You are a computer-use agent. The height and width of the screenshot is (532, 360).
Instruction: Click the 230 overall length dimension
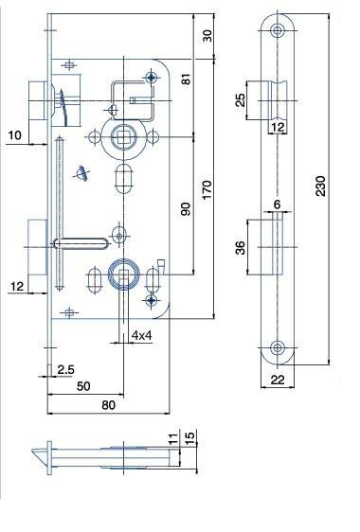pyautogui.click(x=320, y=186)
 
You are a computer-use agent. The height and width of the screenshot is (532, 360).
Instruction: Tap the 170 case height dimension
pyautogui.click(x=207, y=189)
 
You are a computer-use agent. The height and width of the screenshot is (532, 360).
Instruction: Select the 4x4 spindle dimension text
pyautogui.click(x=141, y=335)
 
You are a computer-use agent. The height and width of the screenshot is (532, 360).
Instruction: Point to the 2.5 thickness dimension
pyautogui.click(x=65, y=369)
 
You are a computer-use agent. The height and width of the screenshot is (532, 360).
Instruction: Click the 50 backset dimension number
pyautogui.click(x=83, y=386)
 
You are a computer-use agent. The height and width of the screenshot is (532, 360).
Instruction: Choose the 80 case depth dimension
pyautogui.click(x=108, y=405)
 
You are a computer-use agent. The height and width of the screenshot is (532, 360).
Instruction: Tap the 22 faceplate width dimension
pyautogui.click(x=278, y=380)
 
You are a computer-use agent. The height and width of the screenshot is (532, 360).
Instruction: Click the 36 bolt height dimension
pyautogui.click(x=240, y=247)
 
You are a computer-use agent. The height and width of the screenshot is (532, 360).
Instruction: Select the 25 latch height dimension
pyautogui.click(x=240, y=100)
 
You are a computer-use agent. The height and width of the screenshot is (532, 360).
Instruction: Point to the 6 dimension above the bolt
pyautogui.click(x=278, y=204)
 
